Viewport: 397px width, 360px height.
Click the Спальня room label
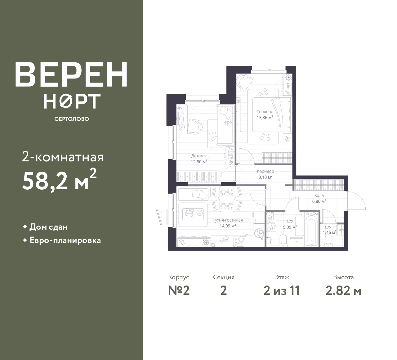265,112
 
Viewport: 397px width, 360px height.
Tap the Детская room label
199,156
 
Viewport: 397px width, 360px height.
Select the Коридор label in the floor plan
265,171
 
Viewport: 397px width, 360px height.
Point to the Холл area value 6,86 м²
319,201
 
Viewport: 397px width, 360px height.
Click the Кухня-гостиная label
228,220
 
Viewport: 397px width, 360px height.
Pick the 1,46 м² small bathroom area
329,232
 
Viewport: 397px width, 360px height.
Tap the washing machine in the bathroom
271,226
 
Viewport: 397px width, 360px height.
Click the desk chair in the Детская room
195,127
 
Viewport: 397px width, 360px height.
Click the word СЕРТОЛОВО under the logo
72,119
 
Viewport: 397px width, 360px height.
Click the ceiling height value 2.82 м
344,291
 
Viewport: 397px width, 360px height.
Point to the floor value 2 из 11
282,291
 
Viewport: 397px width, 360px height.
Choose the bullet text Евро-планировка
65,241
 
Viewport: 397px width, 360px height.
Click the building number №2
179,291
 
